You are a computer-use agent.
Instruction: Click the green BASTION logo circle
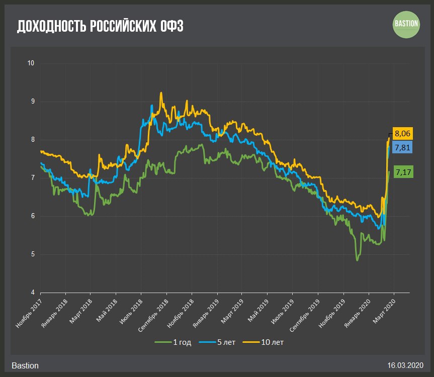[x=406, y=25]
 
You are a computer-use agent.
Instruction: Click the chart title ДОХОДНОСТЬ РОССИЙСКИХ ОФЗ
[x=100, y=26]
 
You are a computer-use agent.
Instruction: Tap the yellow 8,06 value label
[x=402, y=134]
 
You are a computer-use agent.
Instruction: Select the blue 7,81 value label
[x=402, y=147]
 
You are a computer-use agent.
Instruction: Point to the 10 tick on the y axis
[x=31, y=63]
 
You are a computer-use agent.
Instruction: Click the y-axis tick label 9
[x=32, y=102]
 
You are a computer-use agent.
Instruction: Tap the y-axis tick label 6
[x=32, y=216]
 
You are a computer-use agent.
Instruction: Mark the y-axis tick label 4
[x=32, y=293]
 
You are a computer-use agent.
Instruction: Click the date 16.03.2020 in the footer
[x=405, y=365]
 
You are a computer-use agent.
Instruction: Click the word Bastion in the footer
[x=25, y=365]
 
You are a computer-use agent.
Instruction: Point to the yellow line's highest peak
[x=161, y=92]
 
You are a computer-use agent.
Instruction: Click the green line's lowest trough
[x=357, y=260]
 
